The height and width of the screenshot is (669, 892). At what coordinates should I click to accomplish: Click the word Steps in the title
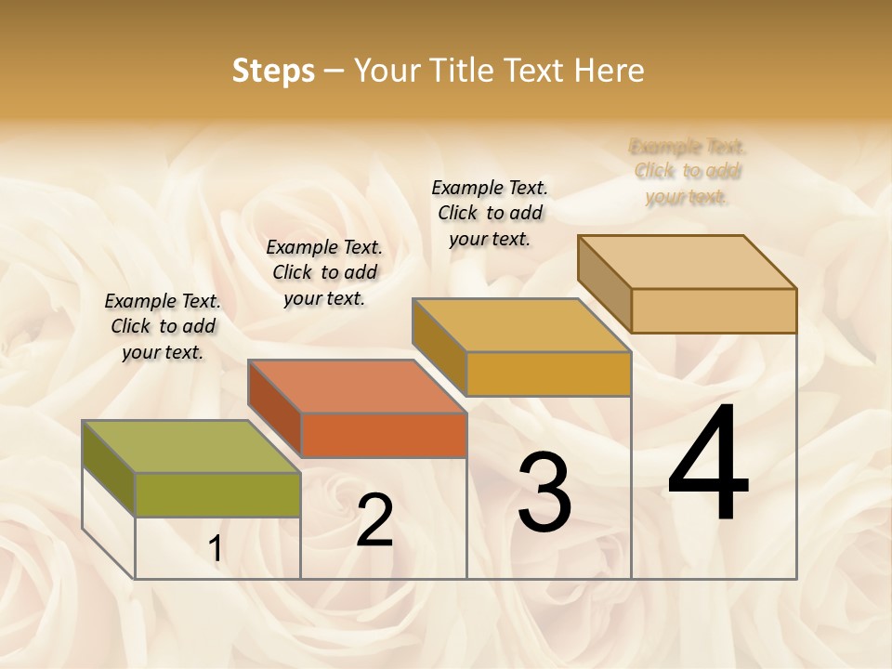[272, 71]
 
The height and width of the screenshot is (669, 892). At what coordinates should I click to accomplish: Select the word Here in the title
[608, 71]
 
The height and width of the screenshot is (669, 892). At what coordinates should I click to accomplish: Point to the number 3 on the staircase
[544, 492]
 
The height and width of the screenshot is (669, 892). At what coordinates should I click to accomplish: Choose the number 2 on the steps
[374, 520]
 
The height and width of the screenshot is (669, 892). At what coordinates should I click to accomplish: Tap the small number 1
[215, 549]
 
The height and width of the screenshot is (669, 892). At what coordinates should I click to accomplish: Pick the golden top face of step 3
[521, 325]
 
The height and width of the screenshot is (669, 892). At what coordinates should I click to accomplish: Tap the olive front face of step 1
[217, 494]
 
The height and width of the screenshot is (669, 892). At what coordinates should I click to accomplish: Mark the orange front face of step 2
[383, 434]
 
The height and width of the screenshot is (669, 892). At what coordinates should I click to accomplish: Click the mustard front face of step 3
[548, 374]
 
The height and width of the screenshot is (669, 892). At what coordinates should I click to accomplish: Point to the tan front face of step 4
[714, 310]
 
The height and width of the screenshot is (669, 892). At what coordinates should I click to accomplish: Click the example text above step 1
[163, 326]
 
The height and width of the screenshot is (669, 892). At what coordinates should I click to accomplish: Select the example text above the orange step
[324, 272]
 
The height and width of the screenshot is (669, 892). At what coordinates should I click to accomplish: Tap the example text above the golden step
[490, 213]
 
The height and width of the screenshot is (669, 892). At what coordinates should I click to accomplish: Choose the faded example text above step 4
[688, 171]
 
